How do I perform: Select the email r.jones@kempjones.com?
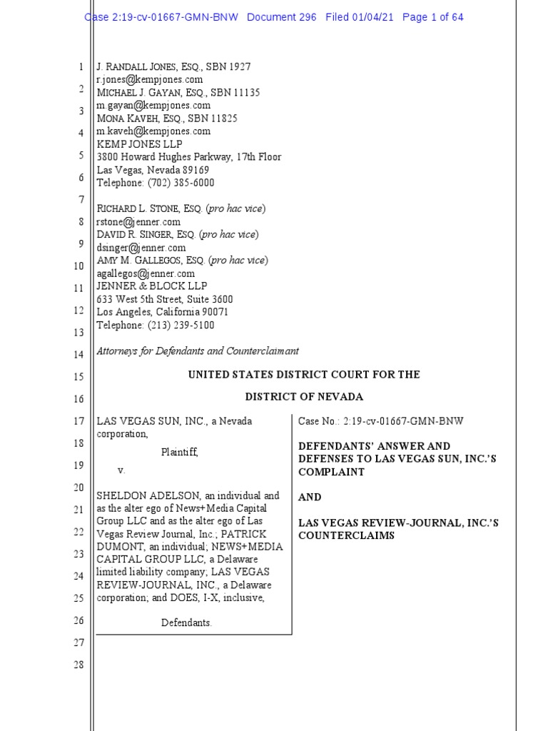tap(150, 80)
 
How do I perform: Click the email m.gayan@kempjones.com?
tap(153, 106)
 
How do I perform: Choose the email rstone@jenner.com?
tap(138, 222)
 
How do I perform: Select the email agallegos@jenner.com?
tap(146, 273)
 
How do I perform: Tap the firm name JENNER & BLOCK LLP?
tap(151, 286)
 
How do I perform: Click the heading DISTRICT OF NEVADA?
tap(304, 397)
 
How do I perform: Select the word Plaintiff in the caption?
tap(178, 452)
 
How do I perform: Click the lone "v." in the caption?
tap(121, 470)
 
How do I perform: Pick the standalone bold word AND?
tap(310, 497)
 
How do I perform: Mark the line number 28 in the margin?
tap(78, 665)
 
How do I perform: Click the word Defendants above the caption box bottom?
tap(186, 622)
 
